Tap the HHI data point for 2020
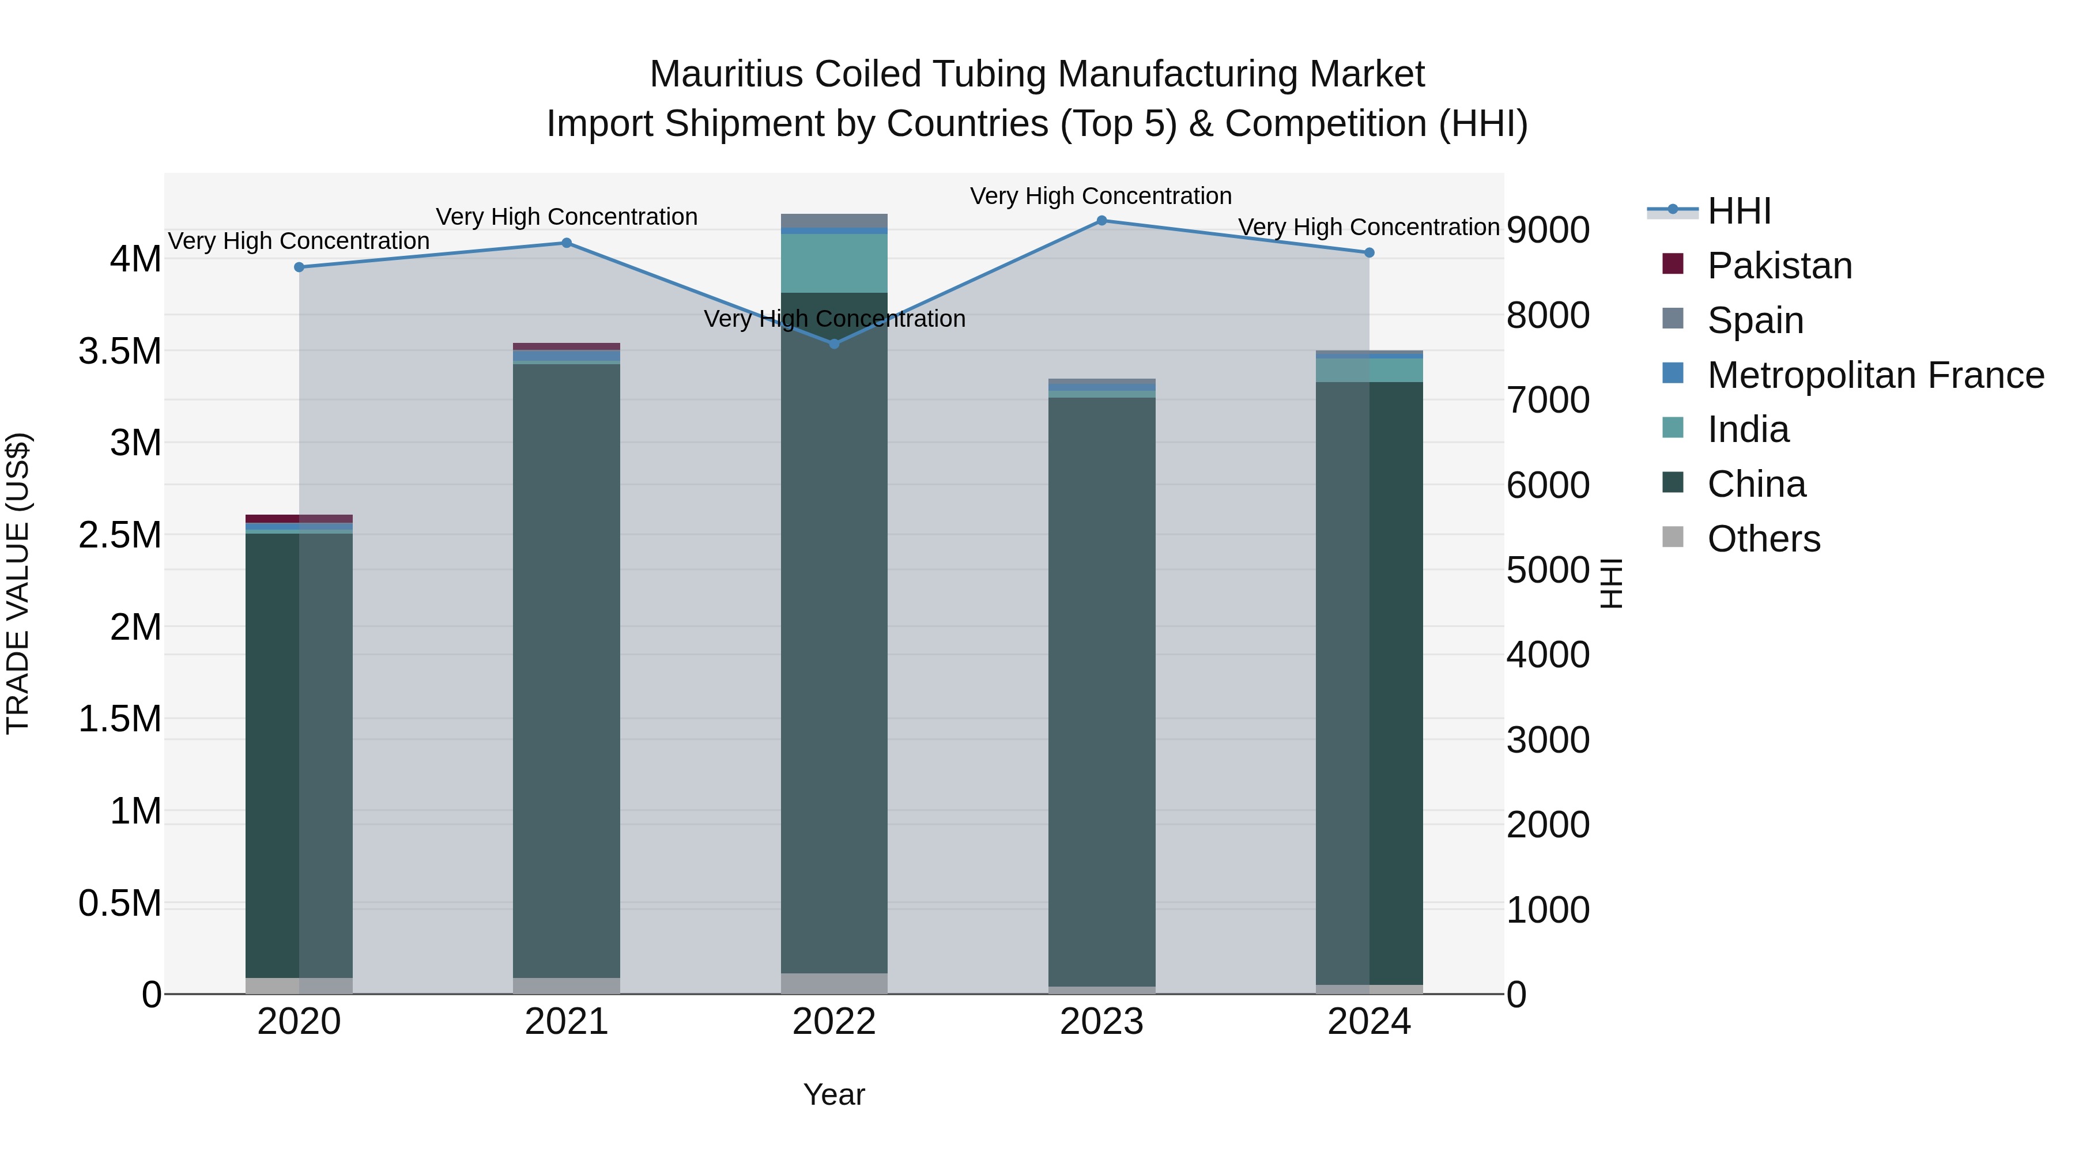point(299,267)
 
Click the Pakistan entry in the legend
point(1779,266)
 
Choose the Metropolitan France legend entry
point(1874,375)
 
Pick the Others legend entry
point(1763,539)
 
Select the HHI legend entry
point(1738,211)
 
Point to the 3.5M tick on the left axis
point(120,351)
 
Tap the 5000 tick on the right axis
point(1548,570)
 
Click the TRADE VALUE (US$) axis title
point(18,583)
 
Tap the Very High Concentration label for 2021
point(566,217)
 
